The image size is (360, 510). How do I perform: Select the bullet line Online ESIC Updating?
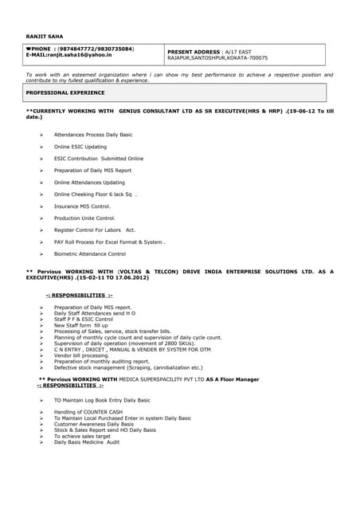coord(80,147)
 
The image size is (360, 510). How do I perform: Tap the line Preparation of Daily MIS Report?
coord(92,171)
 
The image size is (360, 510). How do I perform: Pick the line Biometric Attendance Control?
coord(90,254)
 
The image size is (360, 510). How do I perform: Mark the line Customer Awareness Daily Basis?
coord(94,424)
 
